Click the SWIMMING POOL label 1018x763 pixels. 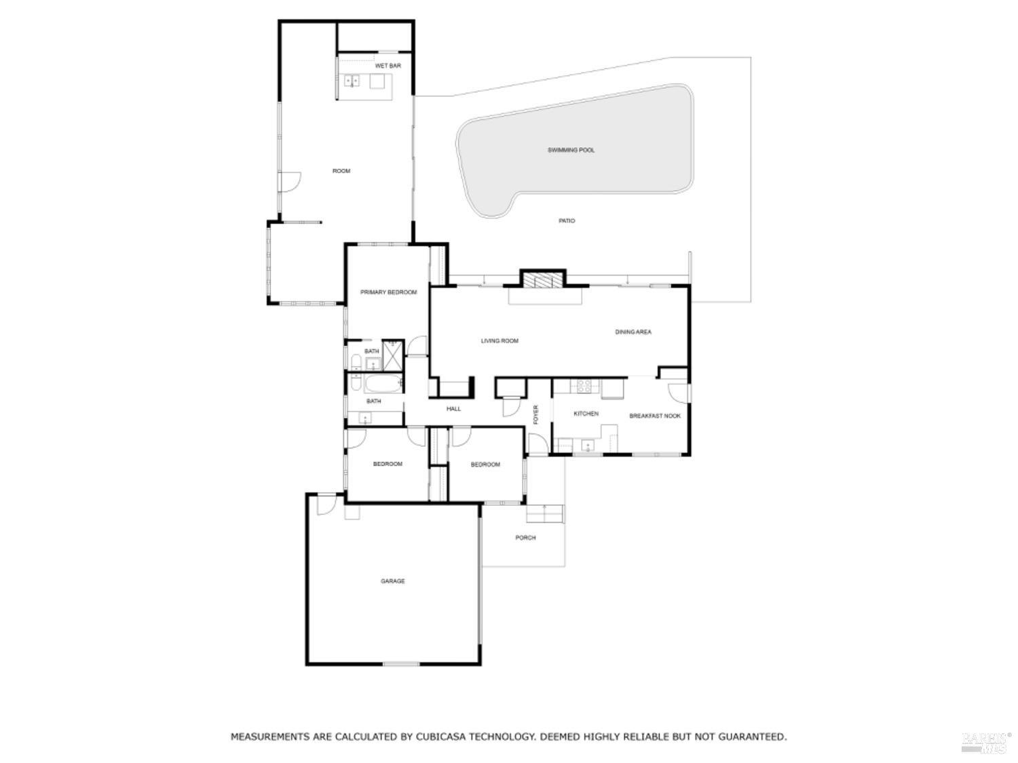pos(571,150)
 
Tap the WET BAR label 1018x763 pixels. pos(388,66)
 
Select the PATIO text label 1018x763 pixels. pos(567,221)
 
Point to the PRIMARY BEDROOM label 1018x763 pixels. pos(388,292)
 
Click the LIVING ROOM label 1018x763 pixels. pos(499,341)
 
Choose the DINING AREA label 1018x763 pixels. pos(633,332)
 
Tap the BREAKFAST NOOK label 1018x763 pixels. pos(654,416)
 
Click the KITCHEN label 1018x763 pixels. pos(586,414)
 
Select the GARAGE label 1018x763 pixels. pos(392,581)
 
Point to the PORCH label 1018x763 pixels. pos(525,538)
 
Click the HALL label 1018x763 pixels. pos(453,409)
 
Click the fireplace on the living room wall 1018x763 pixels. pos(542,282)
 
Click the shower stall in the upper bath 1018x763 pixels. pos(392,352)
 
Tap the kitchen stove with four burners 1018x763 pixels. pos(584,387)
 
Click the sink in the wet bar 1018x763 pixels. pos(352,81)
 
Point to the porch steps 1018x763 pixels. pos(546,515)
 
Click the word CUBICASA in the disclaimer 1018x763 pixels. pos(444,737)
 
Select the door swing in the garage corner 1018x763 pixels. pos(325,504)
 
